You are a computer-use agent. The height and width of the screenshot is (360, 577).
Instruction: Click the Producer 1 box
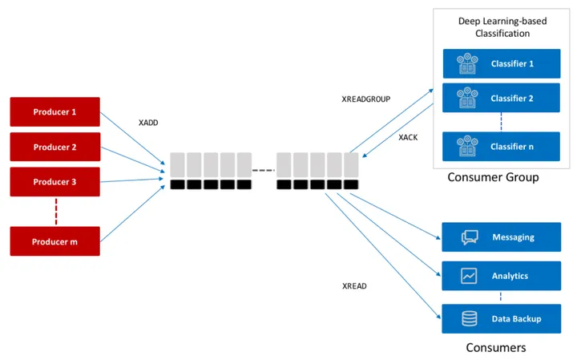click(x=54, y=111)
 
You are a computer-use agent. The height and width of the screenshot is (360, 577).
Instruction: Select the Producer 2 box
click(x=54, y=147)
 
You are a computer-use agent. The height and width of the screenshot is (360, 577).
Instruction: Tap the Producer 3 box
click(x=54, y=182)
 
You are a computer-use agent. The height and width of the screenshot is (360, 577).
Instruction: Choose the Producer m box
click(x=54, y=241)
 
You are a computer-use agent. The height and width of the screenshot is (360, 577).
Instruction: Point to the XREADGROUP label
click(x=365, y=99)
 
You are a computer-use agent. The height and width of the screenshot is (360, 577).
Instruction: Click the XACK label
click(x=409, y=137)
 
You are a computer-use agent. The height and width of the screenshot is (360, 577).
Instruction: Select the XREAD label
click(x=355, y=285)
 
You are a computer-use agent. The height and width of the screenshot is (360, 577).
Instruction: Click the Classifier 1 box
click(x=501, y=63)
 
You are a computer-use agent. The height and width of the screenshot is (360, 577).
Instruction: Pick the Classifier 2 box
click(x=501, y=98)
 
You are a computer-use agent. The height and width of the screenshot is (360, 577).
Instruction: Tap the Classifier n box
click(x=501, y=147)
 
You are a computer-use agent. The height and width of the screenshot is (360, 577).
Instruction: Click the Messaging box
click(x=501, y=237)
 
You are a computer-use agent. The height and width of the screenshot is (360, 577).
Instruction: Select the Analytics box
click(x=501, y=276)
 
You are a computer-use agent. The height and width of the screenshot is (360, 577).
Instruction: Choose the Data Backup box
click(x=501, y=319)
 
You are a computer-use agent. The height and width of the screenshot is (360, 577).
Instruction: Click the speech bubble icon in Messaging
click(x=470, y=237)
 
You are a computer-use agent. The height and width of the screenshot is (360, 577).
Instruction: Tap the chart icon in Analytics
click(x=470, y=276)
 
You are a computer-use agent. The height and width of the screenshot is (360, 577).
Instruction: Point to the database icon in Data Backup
click(x=470, y=319)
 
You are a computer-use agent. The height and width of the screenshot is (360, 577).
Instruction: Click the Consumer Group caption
click(x=493, y=177)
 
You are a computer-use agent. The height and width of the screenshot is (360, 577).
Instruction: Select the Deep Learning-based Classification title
click(x=494, y=28)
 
